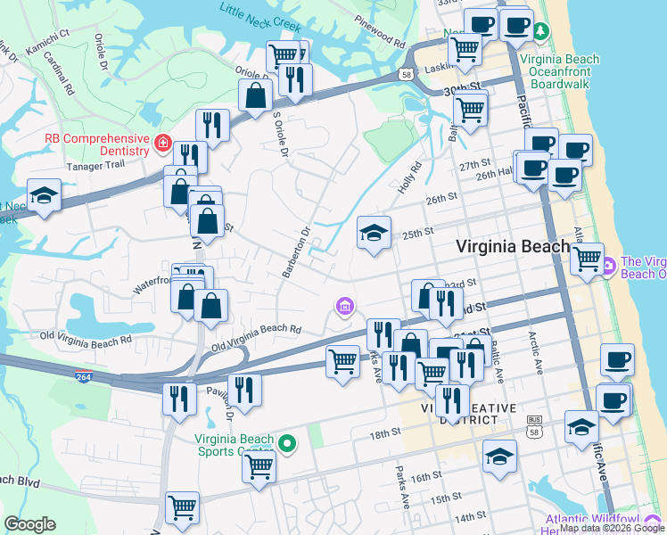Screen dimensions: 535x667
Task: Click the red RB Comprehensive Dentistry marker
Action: click(x=162, y=142)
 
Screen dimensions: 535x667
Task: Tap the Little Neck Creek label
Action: click(x=261, y=12)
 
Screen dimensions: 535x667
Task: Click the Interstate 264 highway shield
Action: click(x=84, y=375)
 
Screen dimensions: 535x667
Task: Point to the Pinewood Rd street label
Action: click(x=379, y=37)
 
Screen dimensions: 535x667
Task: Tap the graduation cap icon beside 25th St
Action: click(x=375, y=234)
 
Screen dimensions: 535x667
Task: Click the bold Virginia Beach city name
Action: click(x=512, y=247)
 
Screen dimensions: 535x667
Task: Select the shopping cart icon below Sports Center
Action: click(x=259, y=465)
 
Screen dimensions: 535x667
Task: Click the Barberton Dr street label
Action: click(x=296, y=251)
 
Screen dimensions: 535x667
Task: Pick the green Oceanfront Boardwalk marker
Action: click(x=541, y=32)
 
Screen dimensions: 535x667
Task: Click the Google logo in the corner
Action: click(x=30, y=524)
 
